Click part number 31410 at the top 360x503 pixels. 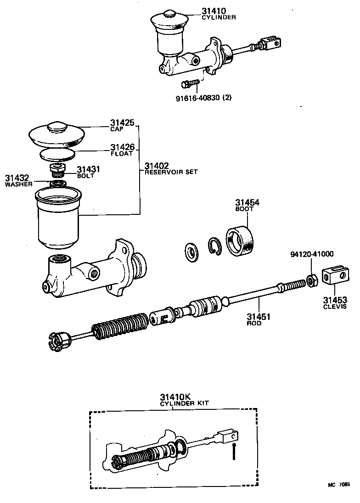[x=214, y=11]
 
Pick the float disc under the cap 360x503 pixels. [x=56, y=153]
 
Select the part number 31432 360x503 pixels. [x=17, y=178]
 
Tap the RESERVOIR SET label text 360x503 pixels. [x=171, y=172]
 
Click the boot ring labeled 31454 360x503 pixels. [x=241, y=240]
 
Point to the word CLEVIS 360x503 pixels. [x=335, y=306]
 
